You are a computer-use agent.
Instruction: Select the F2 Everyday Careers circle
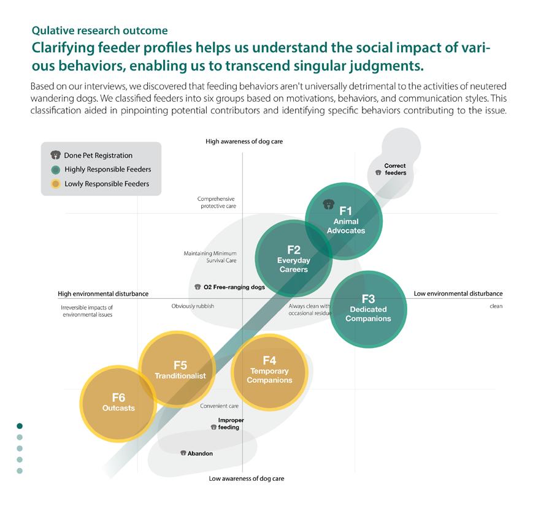point(293,258)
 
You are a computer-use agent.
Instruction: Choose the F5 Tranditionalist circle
point(180,369)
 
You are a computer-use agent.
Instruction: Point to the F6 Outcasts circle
point(118,402)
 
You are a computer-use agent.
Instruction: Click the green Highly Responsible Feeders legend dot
point(56,170)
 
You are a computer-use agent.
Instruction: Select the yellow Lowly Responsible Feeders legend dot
point(56,184)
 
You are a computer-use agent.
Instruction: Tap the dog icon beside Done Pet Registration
point(56,156)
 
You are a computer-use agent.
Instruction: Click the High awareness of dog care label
point(244,141)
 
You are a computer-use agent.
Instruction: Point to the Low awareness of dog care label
point(246,478)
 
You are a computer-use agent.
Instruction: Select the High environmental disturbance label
point(103,293)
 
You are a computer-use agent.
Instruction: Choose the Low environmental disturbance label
point(458,293)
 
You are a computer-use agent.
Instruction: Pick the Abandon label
point(200,453)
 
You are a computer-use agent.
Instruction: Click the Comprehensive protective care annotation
point(217,202)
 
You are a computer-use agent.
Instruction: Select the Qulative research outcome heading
point(99,30)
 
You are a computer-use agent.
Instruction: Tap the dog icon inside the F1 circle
point(328,203)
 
